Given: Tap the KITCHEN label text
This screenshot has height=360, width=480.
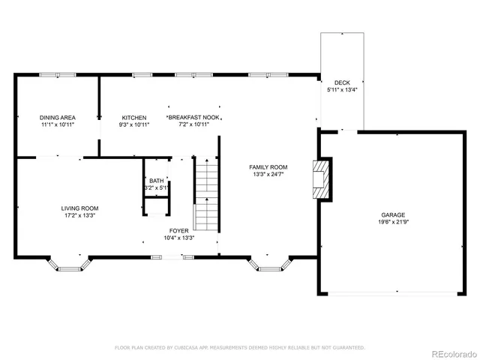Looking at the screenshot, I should [134, 118].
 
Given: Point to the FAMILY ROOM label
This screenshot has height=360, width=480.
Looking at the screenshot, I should [268, 167].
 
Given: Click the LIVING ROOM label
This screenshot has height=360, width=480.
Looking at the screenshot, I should [79, 208].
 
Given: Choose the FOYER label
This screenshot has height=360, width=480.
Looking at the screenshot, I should [178, 231].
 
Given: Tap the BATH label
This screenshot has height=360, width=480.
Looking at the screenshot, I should [156, 181].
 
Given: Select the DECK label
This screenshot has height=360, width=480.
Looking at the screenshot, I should [342, 82].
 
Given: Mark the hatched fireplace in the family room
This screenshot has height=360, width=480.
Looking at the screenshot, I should [322, 178].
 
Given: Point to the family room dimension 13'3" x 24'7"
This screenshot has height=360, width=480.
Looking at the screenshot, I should [268, 175].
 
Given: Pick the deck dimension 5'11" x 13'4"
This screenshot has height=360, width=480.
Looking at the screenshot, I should [342, 90].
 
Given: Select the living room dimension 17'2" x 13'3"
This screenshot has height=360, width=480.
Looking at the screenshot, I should [79, 216].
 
